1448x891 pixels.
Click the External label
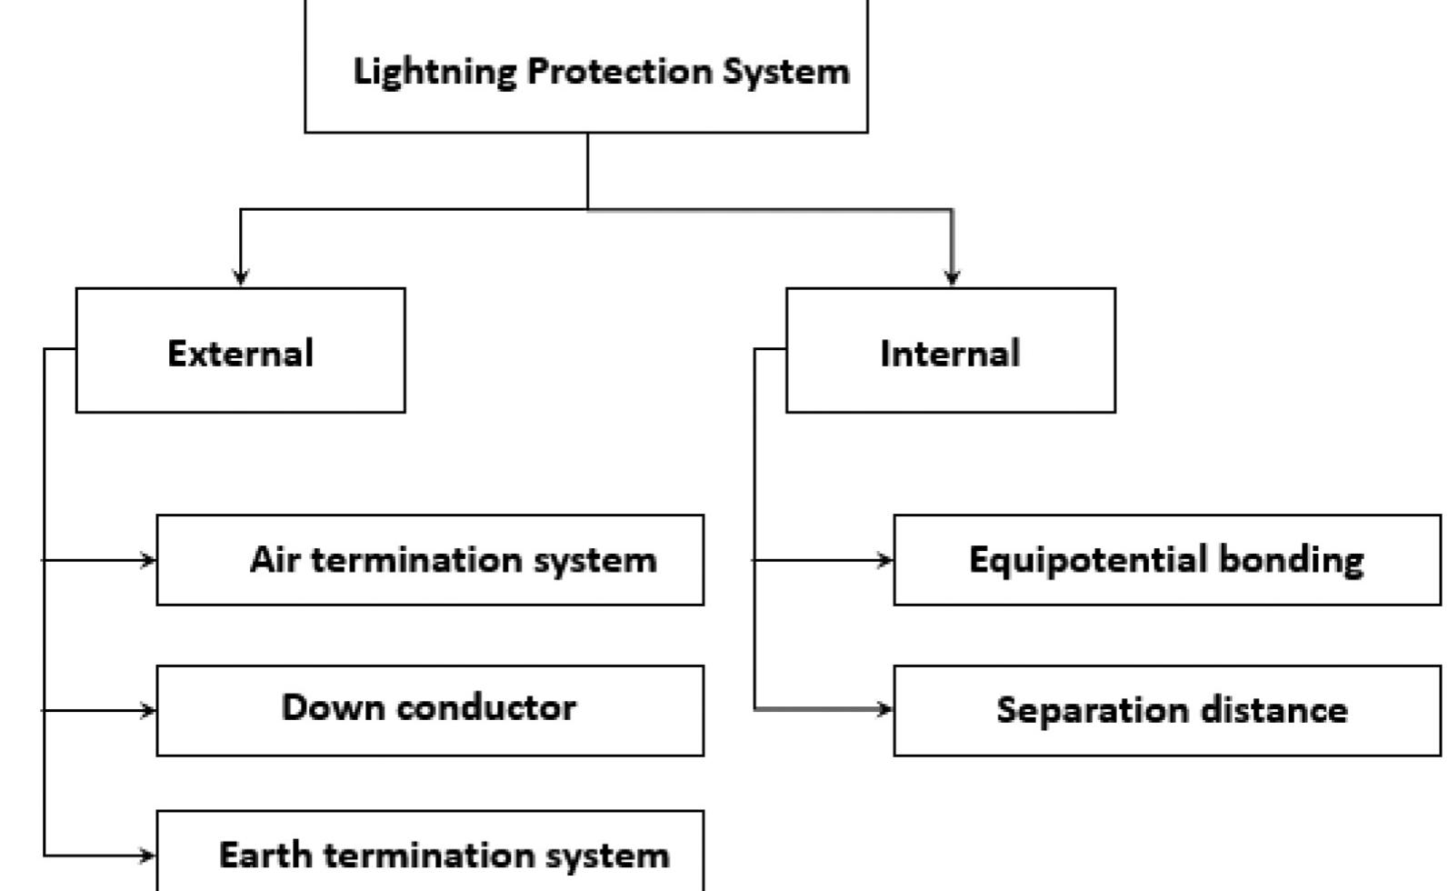[x=241, y=353]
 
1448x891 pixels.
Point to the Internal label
[x=950, y=353]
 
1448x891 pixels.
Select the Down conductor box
[x=430, y=709]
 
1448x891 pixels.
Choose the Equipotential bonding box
[x=1166, y=559]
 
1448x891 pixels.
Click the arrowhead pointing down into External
[x=240, y=276]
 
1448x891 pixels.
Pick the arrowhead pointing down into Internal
[x=952, y=276]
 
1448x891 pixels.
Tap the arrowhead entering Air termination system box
[x=149, y=560]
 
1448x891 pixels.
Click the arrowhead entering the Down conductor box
[x=149, y=710]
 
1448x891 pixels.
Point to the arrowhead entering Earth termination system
[x=149, y=855]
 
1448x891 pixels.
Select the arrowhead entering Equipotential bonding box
[x=886, y=560]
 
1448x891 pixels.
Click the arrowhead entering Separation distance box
[x=886, y=708]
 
